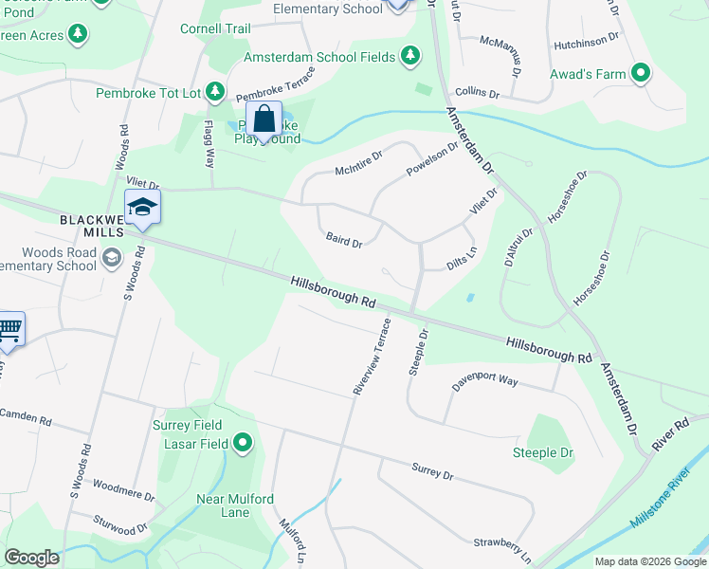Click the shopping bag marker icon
coord(264,120)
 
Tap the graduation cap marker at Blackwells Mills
coord(142,208)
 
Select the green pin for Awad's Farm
coord(641,72)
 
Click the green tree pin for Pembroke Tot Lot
coord(216,92)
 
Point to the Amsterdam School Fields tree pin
coord(410,57)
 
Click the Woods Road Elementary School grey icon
coord(111,258)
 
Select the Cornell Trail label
coord(215,28)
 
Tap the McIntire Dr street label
coord(358,162)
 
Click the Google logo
coord(31,558)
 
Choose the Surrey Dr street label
coord(432,470)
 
